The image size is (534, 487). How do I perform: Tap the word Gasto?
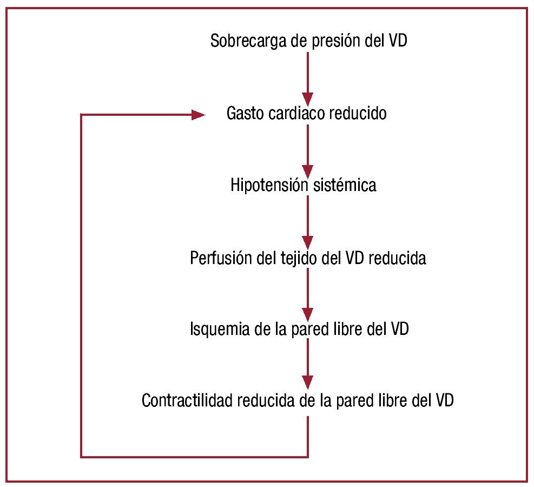(x=246, y=114)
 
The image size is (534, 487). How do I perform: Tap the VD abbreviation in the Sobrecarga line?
(x=398, y=42)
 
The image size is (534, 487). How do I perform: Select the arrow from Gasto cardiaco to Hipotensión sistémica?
(x=307, y=149)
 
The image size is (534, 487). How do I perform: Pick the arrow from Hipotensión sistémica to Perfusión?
(x=307, y=221)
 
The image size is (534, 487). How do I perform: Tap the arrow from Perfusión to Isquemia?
(x=307, y=294)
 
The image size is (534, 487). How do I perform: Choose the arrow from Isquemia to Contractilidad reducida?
(x=307, y=365)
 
